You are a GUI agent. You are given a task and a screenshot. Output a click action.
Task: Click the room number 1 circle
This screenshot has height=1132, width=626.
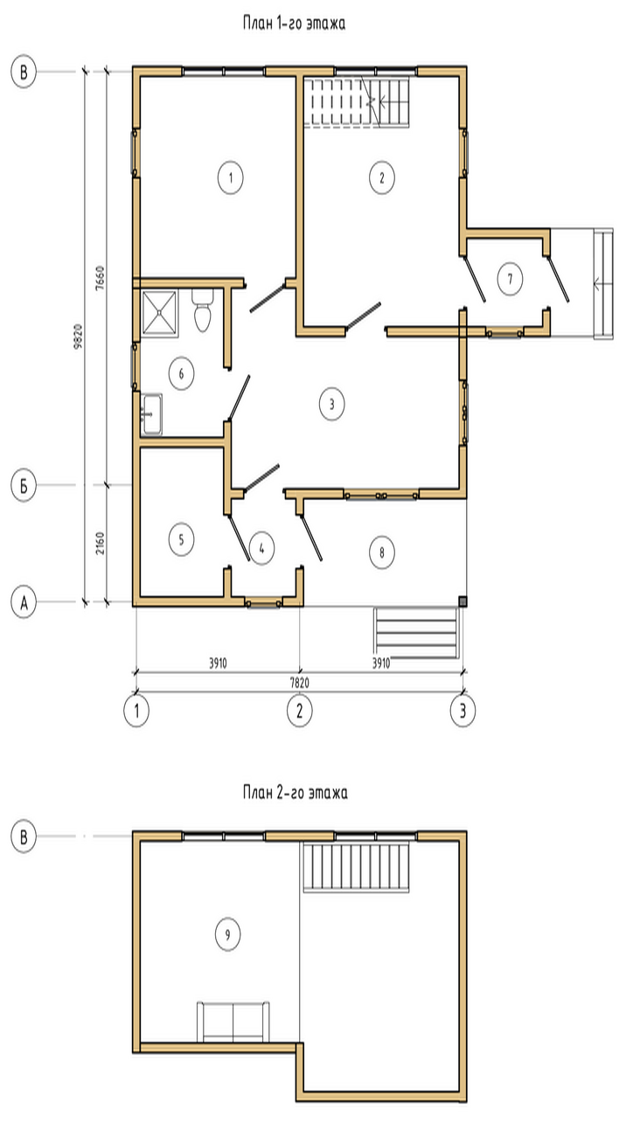pyautogui.click(x=231, y=177)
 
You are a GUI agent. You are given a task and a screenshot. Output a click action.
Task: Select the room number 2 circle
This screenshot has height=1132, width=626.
pyautogui.click(x=381, y=177)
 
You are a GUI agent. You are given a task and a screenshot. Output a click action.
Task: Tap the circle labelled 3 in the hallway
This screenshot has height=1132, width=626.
pyautogui.click(x=331, y=404)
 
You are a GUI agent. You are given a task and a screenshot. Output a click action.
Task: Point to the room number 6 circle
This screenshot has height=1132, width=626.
pyautogui.click(x=181, y=374)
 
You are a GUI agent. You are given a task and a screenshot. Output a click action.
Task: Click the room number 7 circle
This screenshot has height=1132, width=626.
pyautogui.click(x=510, y=279)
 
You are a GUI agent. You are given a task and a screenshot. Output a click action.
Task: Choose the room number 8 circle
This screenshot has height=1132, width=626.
pyautogui.click(x=382, y=552)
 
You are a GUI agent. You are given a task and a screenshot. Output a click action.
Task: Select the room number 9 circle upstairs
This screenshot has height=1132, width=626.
pyautogui.click(x=227, y=934)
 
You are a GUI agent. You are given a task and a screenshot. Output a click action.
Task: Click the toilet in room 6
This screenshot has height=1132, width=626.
pyautogui.click(x=203, y=310)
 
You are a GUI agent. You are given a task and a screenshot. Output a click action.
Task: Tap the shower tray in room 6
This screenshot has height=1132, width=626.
pyautogui.click(x=160, y=313)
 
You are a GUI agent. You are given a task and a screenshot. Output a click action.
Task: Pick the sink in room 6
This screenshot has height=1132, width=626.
pyautogui.click(x=152, y=414)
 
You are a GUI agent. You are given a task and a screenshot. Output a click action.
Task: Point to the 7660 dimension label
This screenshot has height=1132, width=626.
pyautogui.click(x=100, y=277)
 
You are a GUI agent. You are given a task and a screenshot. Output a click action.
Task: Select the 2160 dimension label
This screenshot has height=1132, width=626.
pyautogui.click(x=101, y=543)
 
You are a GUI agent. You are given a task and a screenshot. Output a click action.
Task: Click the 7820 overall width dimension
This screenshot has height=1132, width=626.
pyautogui.click(x=299, y=683)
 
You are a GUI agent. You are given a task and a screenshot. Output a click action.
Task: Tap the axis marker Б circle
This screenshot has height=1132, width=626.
pyautogui.click(x=24, y=486)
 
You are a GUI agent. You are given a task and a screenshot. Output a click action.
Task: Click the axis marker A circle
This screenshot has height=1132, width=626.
pyautogui.click(x=24, y=602)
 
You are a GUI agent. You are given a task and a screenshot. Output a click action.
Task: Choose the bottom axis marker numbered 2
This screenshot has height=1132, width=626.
pyautogui.click(x=299, y=711)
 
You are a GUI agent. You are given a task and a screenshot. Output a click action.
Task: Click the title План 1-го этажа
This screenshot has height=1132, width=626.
pyautogui.click(x=295, y=24)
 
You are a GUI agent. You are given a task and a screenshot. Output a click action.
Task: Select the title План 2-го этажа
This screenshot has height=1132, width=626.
pyautogui.click(x=296, y=792)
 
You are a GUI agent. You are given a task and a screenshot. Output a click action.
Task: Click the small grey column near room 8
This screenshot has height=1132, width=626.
pyautogui.click(x=463, y=601)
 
